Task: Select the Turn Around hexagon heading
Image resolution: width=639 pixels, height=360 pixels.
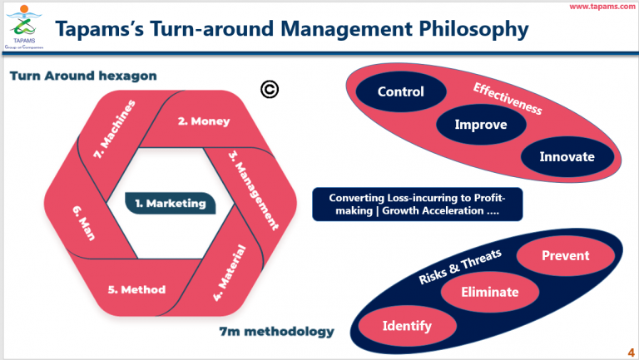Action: click(83, 76)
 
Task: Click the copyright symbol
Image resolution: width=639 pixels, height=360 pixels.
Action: click(269, 90)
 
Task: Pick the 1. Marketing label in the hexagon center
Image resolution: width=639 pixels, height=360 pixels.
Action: click(169, 202)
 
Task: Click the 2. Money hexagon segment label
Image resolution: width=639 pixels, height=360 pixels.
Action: click(204, 121)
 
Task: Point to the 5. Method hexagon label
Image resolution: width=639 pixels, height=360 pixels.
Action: click(136, 290)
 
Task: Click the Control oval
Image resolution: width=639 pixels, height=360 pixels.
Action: click(400, 92)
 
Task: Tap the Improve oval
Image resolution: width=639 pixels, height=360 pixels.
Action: click(481, 125)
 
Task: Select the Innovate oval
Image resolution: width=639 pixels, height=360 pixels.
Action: click(566, 156)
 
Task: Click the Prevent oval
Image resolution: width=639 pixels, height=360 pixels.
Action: click(565, 257)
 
